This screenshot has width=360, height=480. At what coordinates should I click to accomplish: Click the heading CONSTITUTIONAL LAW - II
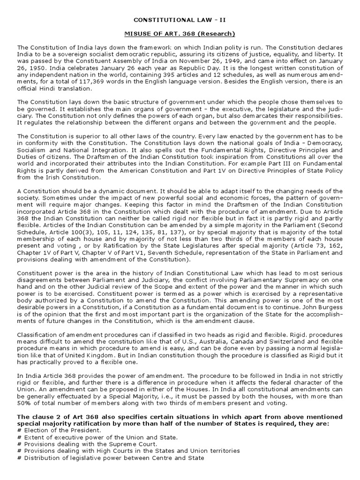pos(180,20)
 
